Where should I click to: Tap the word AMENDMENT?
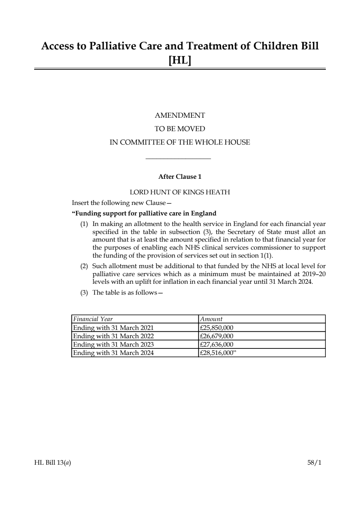[x=180, y=116]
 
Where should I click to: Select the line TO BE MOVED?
[x=180, y=129]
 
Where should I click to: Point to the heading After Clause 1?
[x=180, y=177]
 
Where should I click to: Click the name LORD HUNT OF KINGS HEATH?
[x=180, y=192]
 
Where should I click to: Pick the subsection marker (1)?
[x=84, y=224]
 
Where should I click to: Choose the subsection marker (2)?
[x=84, y=266]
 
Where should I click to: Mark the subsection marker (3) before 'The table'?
[x=84, y=293]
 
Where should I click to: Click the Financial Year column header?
[x=93, y=319]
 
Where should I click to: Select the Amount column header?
[x=211, y=319]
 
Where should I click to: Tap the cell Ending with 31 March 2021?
[x=113, y=328]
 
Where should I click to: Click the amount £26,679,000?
[x=217, y=336]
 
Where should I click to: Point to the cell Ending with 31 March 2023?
[x=113, y=344]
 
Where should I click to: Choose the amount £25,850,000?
[x=217, y=328]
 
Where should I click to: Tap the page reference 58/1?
[x=314, y=463]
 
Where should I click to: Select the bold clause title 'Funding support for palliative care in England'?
[x=144, y=213]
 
